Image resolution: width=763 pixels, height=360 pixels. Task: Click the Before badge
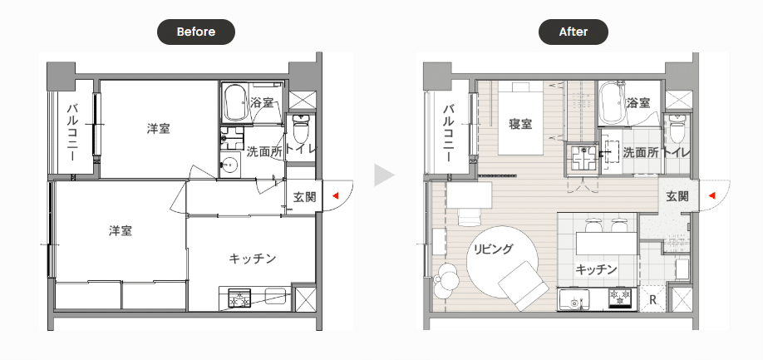point(195,32)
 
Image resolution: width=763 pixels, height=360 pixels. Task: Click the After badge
point(573,32)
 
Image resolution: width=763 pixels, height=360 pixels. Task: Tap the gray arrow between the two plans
point(383,175)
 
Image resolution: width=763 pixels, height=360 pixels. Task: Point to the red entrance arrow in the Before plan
point(335,195)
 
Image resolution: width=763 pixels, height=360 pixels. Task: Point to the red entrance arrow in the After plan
point(712,195)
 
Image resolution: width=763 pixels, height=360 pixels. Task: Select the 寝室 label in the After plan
point(520,124)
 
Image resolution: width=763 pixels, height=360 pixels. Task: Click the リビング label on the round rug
point(494,249)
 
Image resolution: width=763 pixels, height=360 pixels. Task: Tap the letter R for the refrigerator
point(653,299)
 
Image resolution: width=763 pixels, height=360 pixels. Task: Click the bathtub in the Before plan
point(235,102)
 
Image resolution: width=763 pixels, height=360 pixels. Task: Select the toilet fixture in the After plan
point(677,127)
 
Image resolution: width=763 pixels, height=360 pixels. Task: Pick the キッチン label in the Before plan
point(253,258)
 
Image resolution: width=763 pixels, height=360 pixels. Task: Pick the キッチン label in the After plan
point(596,269)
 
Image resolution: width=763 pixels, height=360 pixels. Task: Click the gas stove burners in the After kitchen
point(620,298)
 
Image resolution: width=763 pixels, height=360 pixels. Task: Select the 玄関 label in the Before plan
point(304,196)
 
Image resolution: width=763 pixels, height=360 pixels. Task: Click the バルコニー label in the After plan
point(448,134)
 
